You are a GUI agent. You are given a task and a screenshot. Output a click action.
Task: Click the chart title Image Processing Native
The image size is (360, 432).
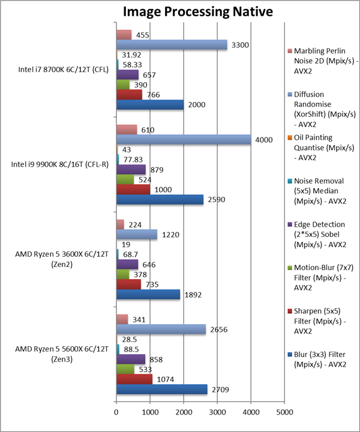point(189,11)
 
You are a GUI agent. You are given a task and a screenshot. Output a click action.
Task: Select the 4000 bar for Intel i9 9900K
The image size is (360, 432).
point(183,139)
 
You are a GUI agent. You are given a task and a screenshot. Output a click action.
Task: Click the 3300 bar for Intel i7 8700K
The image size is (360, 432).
point(172,44)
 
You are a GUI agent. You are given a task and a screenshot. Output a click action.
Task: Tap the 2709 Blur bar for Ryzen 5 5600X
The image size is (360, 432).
point(161,389)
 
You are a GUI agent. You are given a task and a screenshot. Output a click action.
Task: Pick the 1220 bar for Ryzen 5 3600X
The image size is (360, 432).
point(136,234)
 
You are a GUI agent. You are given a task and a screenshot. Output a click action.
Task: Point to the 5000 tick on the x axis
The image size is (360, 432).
point(284,412)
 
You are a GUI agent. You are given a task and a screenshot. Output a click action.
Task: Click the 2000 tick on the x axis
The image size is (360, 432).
point(184,412)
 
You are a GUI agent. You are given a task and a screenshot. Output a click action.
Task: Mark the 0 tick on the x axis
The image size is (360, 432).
point(116,412)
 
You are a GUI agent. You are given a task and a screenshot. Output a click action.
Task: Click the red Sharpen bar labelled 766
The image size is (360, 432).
point(129,94)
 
